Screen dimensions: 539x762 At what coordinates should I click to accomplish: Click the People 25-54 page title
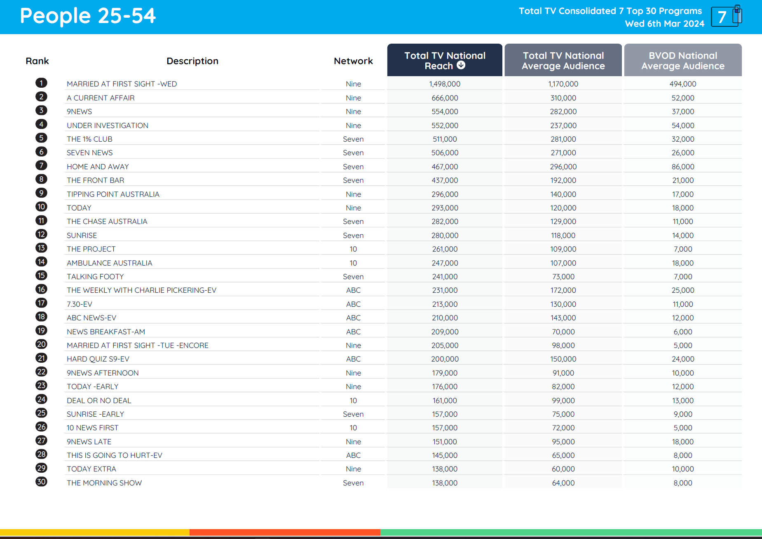coord(88,16)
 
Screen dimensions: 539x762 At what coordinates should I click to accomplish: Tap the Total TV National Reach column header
coord(445,60)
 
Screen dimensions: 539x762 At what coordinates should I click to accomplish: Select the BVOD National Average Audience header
coord(682,61)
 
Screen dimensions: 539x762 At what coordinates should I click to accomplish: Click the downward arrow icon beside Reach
coord(461,65)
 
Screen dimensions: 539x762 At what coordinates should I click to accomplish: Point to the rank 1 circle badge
coord(41,83)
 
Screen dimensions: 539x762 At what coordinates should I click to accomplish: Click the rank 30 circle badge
coord(41,482)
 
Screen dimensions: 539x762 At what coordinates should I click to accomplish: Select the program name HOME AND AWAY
coord(98,167)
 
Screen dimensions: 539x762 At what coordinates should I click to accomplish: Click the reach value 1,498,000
coord(445,84)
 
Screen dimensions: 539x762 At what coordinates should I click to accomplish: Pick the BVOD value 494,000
coord(682,84)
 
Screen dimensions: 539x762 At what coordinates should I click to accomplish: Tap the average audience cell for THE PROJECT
coord(563,249)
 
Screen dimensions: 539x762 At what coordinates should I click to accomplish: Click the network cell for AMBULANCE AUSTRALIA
coord(353,263)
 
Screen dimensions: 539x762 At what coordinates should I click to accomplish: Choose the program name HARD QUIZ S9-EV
coord(98,359)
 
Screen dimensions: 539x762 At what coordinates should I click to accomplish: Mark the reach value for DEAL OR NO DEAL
coord(445,401)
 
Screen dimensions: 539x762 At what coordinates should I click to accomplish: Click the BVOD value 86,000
coord(682,167)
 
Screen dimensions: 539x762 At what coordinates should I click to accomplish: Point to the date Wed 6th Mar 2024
coord(664,24)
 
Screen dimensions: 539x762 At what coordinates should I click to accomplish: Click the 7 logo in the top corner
coord(726,16)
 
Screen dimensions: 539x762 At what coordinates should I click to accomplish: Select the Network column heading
coord(353,61)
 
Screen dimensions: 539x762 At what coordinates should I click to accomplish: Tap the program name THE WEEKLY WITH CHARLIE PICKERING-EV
coord(141,290)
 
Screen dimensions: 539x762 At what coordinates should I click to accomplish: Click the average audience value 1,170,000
coord(563,84)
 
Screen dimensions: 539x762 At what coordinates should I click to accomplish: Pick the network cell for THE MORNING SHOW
coord(353,483)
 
